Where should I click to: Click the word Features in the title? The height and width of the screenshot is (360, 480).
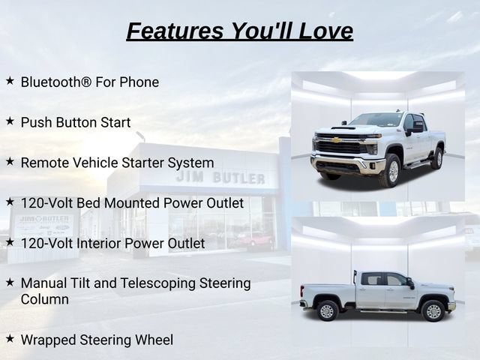tap(175, 31)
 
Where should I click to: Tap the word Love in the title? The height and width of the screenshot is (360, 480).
tap(326, 31)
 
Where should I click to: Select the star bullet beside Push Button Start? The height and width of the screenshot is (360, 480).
tap(10, 121)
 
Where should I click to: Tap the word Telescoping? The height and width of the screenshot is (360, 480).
tap(158, 283)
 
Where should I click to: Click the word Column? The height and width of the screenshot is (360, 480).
tap(45, 299)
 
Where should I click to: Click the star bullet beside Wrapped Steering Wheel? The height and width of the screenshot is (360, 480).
tap(10, 338)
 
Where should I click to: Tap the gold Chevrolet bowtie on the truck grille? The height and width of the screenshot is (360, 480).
tap(336, 140)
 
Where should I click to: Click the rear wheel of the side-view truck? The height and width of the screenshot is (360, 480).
tap(327, 310)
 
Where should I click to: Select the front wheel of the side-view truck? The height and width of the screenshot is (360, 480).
tap(433, 311)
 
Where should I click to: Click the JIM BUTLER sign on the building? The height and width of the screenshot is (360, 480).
tap(220, 178)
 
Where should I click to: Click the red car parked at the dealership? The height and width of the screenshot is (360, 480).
tap(255, 240)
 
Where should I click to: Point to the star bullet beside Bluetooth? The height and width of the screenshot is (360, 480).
tap(10, 81)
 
